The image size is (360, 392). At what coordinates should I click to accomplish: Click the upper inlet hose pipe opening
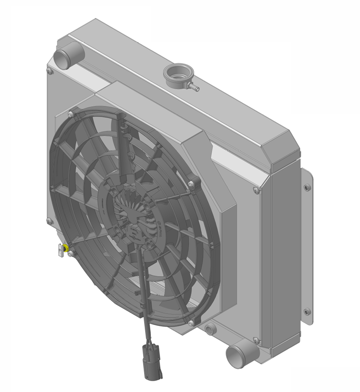[x=65, y=55]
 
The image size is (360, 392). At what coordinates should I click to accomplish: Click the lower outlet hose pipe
[x=239, y=355]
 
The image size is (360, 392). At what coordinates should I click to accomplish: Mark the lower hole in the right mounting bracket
[x=307, y=311]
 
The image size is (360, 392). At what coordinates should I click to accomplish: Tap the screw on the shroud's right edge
[x=256, y=191]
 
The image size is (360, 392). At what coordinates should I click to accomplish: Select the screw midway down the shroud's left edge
[x=49, y=221]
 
